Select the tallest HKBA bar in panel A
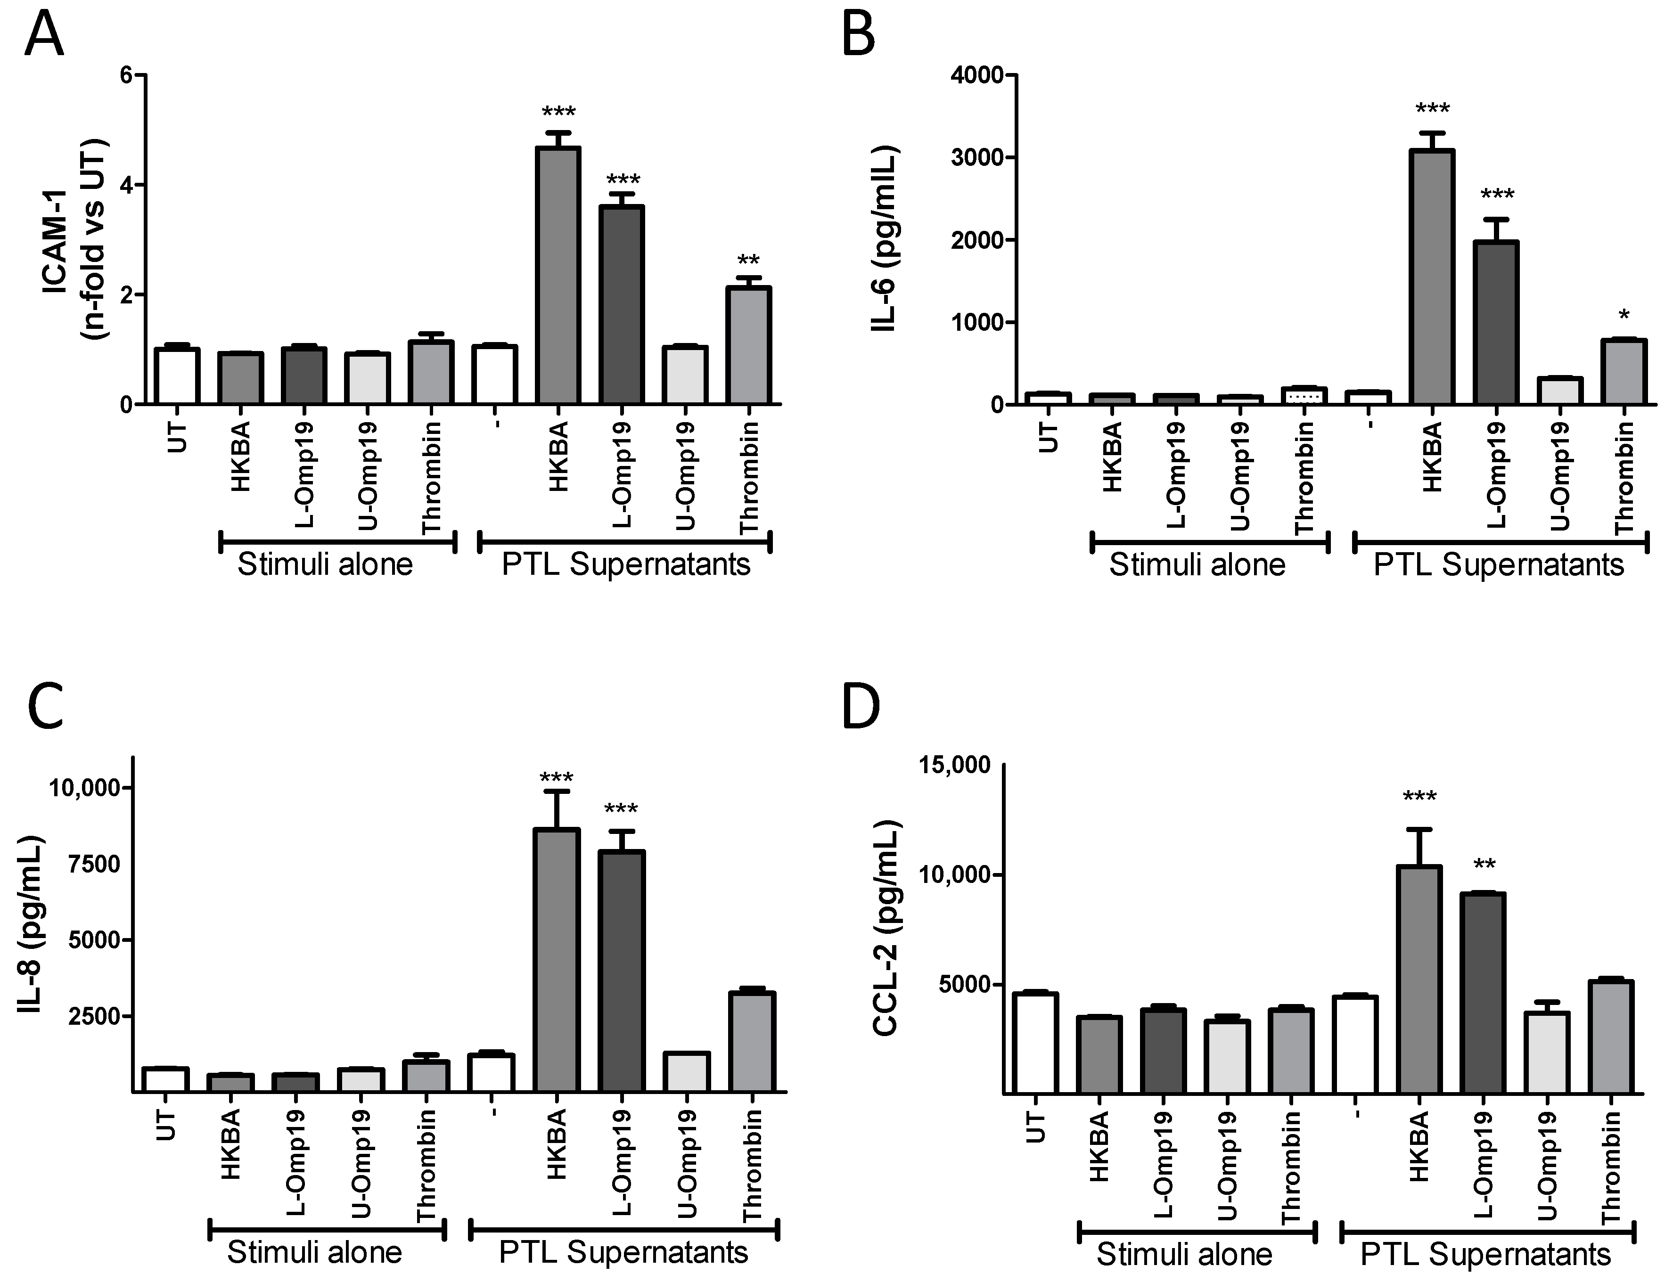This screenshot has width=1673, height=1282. pyautogui.click(x=558, y=275)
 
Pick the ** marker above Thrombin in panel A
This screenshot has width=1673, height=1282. pyautogui.click(x=749, y=262)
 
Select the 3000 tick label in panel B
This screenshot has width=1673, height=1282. pyautogui.click(x=972, y=158)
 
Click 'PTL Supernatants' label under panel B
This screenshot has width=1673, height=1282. pyautogui.click(x=1498, y=565)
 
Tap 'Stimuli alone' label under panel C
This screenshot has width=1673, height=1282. pyautogui.click(x=314, y=1252)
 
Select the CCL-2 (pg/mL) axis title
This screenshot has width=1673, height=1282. pyautogui.click(x=886, y=929)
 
